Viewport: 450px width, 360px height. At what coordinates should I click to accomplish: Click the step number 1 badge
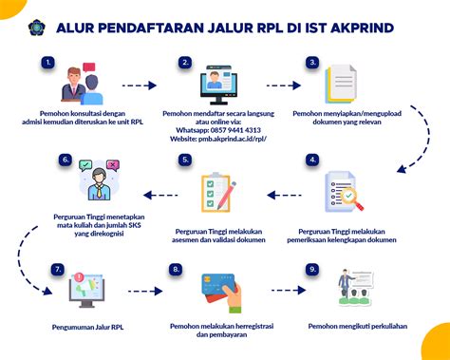47,64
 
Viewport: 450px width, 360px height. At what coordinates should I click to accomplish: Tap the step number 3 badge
311,64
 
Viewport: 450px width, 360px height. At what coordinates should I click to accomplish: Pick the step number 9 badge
312,270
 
